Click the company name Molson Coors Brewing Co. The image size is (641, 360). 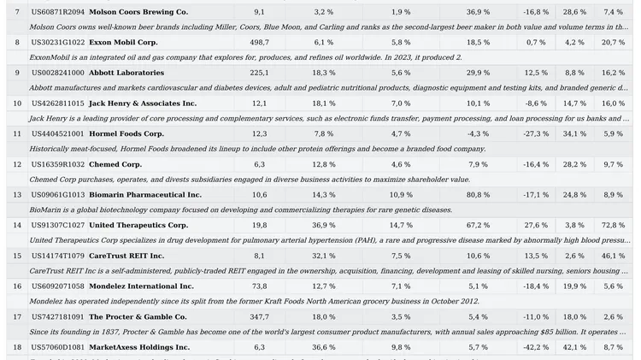(x=138, y=12)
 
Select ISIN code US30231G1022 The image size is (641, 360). (x=58, y=43)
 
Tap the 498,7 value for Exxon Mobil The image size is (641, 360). (x=259, y=43)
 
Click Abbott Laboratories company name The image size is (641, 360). (x=126, y=74)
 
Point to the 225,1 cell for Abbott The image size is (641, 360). (x=259, y=74)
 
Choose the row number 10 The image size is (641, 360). (x=17, y=103)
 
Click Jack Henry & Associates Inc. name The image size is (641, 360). (x=143, y=103)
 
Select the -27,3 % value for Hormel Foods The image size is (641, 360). (x=536, y=134)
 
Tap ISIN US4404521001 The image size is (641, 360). (x=58, y=134)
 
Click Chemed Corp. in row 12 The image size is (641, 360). (x=115, y=164)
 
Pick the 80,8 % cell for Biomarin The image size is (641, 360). (x=478, y=195)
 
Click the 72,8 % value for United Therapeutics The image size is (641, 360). (x=613, y=226)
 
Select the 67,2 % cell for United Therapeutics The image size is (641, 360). (x=478, y=226)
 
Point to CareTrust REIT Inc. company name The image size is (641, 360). (x=126, y=256)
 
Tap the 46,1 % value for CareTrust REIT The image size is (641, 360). (x=613, y=256)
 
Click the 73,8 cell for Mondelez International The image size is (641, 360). (x=259, y=286)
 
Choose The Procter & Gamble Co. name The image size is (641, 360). (x=138, y=317)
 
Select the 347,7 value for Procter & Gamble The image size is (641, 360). (x=259, y=317)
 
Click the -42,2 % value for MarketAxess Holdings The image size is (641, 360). (x=536, y=347)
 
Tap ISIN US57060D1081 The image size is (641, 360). (x=58, y=347)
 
